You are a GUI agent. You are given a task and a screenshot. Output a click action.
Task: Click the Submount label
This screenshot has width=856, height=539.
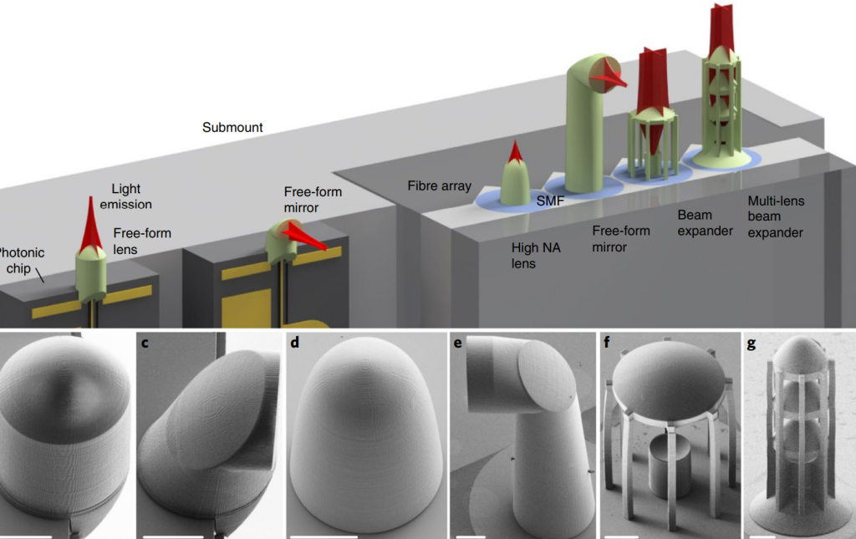232,128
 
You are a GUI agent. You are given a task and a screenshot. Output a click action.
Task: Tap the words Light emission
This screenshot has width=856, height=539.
132,196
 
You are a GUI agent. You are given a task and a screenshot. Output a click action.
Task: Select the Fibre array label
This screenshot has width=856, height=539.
440,186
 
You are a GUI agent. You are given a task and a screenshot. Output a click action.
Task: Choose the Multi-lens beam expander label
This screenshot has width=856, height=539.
776,216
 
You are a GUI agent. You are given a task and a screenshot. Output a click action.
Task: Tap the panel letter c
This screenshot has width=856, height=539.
145,343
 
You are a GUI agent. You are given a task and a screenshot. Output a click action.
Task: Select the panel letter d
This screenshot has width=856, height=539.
293,343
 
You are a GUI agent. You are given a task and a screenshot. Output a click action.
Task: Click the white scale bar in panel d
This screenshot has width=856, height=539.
321,533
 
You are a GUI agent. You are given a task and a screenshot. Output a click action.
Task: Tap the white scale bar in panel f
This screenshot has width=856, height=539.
621,532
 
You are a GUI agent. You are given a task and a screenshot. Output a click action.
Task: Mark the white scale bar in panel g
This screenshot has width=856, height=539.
762,531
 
